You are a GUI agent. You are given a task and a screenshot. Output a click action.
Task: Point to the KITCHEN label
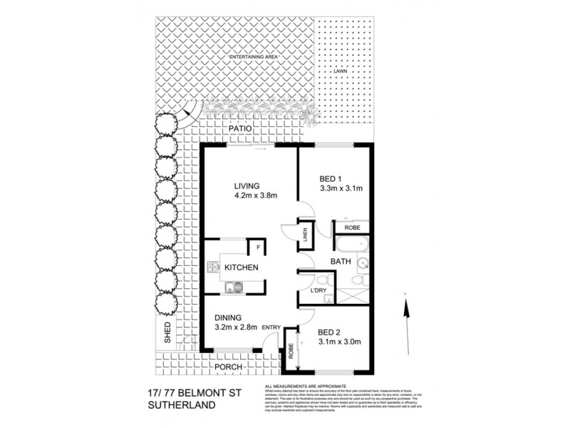pos(242,267)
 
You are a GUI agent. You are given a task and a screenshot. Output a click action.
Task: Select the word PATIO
pos(242,130)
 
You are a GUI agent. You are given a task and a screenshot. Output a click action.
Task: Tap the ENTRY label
pos(272,327)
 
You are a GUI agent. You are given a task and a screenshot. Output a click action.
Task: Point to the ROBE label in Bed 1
pos(353,228)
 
